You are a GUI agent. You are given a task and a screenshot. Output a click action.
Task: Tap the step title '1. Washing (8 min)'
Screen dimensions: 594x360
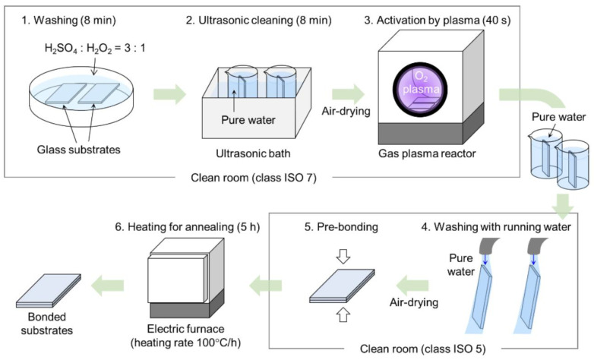pos(68,20)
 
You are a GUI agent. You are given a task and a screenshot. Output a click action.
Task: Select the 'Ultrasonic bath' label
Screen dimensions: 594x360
pos(253,153)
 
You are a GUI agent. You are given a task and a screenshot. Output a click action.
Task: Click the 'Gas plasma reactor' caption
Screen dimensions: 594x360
pos(427,153)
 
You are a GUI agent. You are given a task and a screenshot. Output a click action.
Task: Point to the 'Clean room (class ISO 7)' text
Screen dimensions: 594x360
pos(254,178)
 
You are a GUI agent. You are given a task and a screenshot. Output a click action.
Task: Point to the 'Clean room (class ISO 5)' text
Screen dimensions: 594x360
pos(423,349)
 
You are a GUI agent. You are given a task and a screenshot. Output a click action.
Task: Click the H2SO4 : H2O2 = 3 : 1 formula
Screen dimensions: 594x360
pos(95,49)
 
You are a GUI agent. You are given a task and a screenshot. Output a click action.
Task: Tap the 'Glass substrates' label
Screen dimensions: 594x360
pos(79,150)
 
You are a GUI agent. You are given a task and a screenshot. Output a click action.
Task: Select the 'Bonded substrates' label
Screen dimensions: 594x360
pos(47,324)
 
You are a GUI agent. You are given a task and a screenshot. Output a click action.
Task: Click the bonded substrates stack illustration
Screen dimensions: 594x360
pos(49,291)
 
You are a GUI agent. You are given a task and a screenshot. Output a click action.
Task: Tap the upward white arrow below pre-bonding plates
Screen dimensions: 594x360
pos(343,314)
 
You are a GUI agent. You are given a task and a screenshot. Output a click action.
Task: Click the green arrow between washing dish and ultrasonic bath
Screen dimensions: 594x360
pos(169,94)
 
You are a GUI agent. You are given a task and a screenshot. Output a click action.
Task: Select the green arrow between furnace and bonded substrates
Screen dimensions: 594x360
pos(108,286)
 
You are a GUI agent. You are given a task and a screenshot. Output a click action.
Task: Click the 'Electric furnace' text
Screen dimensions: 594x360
pos(185,329)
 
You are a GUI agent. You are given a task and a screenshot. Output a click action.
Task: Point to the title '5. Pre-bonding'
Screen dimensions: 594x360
pos(341,226)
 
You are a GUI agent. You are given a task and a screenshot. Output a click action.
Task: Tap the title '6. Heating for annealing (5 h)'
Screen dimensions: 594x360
pos(188,227)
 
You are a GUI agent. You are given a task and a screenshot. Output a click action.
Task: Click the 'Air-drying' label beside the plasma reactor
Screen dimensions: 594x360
pos(346,111)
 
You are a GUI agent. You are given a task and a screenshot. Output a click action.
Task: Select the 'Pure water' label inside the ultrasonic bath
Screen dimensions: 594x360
pos(248,120)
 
